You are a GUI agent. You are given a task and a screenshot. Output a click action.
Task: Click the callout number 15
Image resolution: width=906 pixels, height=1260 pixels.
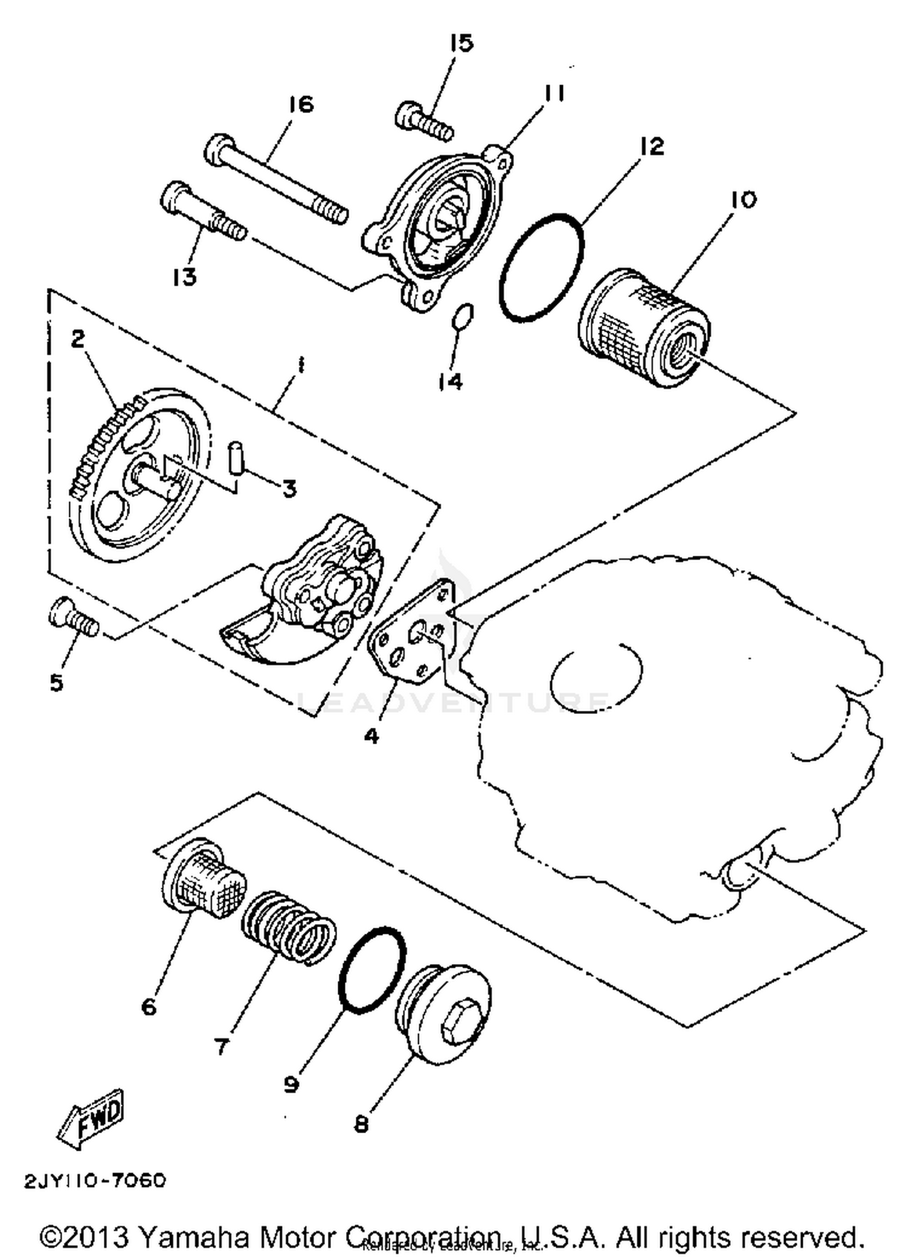click(x=461, y=43)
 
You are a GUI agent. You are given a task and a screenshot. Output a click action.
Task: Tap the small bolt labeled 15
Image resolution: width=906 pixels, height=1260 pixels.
click(x=423, y=120)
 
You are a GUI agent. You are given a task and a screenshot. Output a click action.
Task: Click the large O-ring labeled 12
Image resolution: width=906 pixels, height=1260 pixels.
click(x=542, y=266)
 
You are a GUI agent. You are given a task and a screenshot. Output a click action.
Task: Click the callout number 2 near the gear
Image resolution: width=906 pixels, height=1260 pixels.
click(x=78, y=340)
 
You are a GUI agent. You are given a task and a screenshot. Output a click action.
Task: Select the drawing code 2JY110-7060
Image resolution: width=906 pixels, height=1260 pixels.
click(x=95, y=1180)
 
